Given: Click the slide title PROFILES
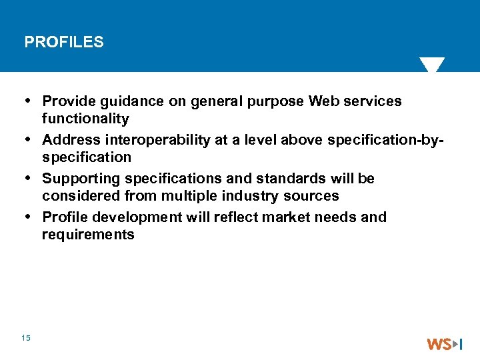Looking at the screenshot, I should pyautogui.click(x=64, y=43).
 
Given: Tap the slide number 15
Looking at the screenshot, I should pyautogui.click(x=26, y=339).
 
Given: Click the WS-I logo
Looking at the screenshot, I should pyautogui.click(x=445, y=344).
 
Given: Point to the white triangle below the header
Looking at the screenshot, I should pyautogui.click(x=432, y=65).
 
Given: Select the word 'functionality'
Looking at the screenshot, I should pyautogui.click(x=85, y=119).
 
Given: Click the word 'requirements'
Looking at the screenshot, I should pyautogui.click(x=88, y=235).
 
